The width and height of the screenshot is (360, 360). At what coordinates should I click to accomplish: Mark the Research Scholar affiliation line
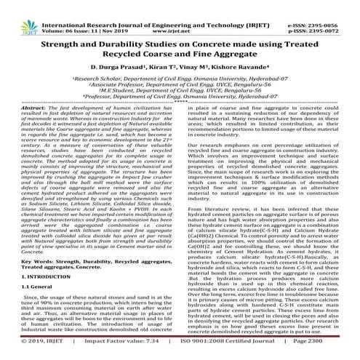pyautogui.click(x=179, y=76)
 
